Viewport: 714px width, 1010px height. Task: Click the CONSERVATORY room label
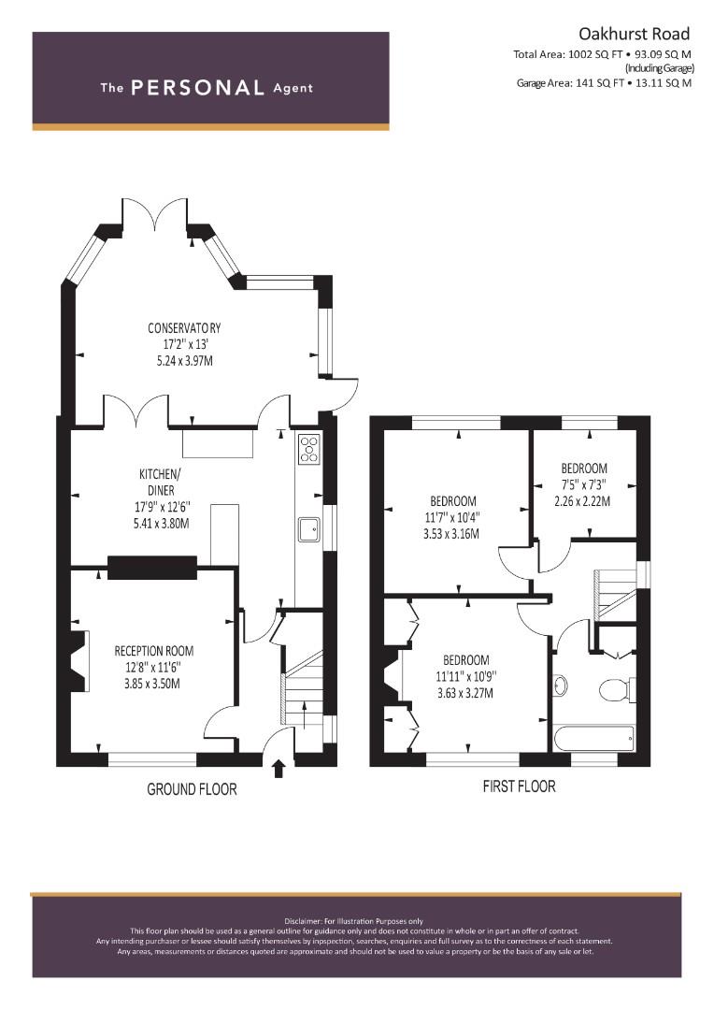[184, 328]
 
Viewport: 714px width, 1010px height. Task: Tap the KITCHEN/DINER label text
[161, 482]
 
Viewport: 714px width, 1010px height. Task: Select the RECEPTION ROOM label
[154, 651]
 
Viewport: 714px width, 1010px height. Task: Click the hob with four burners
[309, 448]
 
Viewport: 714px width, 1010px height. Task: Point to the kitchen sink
[309, 528]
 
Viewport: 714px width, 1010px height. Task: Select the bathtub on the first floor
[593, 738]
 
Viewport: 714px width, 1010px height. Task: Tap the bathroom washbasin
[560, 685]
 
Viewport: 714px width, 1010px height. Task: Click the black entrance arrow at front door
[278, 769]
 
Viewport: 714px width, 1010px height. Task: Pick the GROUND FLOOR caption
[192, 789]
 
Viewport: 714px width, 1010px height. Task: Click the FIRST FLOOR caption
[519, 786]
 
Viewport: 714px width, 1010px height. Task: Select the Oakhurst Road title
[635, 34]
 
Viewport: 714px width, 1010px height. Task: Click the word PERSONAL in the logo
[197, 88]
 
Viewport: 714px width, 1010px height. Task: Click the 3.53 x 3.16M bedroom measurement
[451, 534]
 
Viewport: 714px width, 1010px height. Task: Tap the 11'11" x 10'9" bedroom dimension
[466, 676]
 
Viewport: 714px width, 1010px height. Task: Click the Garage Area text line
[604, 83]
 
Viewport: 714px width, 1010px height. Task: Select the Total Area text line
[602, 55]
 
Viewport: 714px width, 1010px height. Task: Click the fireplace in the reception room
[79, 661]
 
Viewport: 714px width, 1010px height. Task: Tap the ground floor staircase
[303, 689]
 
